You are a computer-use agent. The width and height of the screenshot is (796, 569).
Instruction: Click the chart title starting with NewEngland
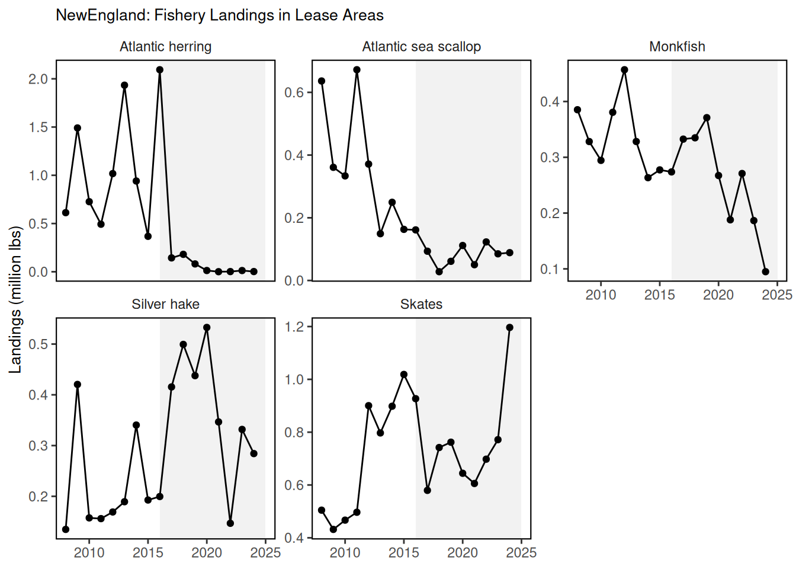click(219, 15)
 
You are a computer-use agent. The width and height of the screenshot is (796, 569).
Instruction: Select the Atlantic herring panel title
click(165, 47)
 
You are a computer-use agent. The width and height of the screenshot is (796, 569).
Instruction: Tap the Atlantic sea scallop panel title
click(421, 47)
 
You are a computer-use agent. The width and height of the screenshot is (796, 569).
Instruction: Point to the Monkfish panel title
click(677, 47)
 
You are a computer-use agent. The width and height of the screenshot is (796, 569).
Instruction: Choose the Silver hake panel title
click(165, 304)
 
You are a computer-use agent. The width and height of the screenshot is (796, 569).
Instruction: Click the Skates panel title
click(421, 304)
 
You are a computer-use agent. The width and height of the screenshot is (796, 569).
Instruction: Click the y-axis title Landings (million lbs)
click(15, 299)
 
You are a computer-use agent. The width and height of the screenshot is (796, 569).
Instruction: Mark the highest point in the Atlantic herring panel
click(160, 70)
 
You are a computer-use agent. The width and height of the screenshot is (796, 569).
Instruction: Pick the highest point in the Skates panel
click(509, 328)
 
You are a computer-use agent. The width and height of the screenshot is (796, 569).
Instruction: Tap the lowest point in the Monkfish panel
click(765, 271)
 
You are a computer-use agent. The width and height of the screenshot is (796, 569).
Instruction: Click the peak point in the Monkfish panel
click(624, 70)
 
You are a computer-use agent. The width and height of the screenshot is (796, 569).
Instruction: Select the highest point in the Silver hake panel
click(207, 328)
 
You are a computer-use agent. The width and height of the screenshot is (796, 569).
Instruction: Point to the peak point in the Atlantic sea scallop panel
click(357, 70)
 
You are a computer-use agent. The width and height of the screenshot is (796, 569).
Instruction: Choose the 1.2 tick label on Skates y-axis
click(294, 327)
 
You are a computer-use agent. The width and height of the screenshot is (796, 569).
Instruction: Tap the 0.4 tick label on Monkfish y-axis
click(550, 102)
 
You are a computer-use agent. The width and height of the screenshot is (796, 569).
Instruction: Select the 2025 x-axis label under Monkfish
click(777, 295)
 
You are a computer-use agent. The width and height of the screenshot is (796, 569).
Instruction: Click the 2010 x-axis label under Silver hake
click(89, 553)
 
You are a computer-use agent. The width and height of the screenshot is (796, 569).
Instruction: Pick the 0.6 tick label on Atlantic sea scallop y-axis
click(294, 92)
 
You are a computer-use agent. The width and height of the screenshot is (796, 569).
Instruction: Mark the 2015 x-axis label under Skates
click(404, 553)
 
